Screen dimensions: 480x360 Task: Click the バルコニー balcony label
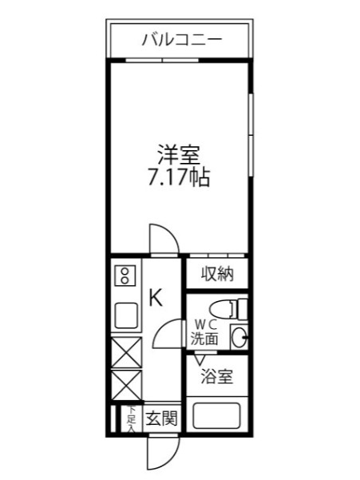182,38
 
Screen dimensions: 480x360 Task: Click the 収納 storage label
216,275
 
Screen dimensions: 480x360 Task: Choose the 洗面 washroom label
204,338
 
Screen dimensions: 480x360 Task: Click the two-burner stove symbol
125,277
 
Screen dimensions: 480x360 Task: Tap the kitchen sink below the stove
126,315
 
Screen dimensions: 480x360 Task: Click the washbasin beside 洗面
238,336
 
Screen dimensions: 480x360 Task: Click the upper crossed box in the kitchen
126,351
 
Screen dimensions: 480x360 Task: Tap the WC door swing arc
169,331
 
